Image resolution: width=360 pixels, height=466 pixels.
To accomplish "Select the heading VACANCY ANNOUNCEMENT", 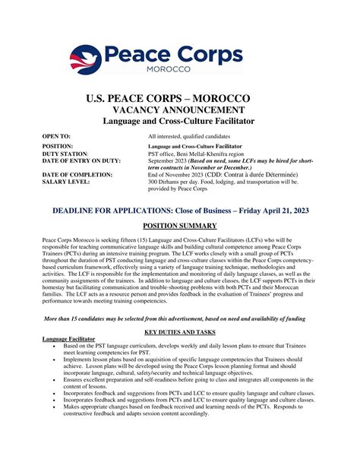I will click(x=179, y=109).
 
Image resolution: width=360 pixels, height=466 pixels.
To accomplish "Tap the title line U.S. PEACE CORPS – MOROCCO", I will click(x=179, y=99).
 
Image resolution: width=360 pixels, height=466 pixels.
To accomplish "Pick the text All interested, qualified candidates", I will click(x=194, y=135).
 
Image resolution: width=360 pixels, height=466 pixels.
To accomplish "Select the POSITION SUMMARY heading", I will click(x=180, y=226).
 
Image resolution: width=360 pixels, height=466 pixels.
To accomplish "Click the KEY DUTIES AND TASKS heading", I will click(x=180, y=353).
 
